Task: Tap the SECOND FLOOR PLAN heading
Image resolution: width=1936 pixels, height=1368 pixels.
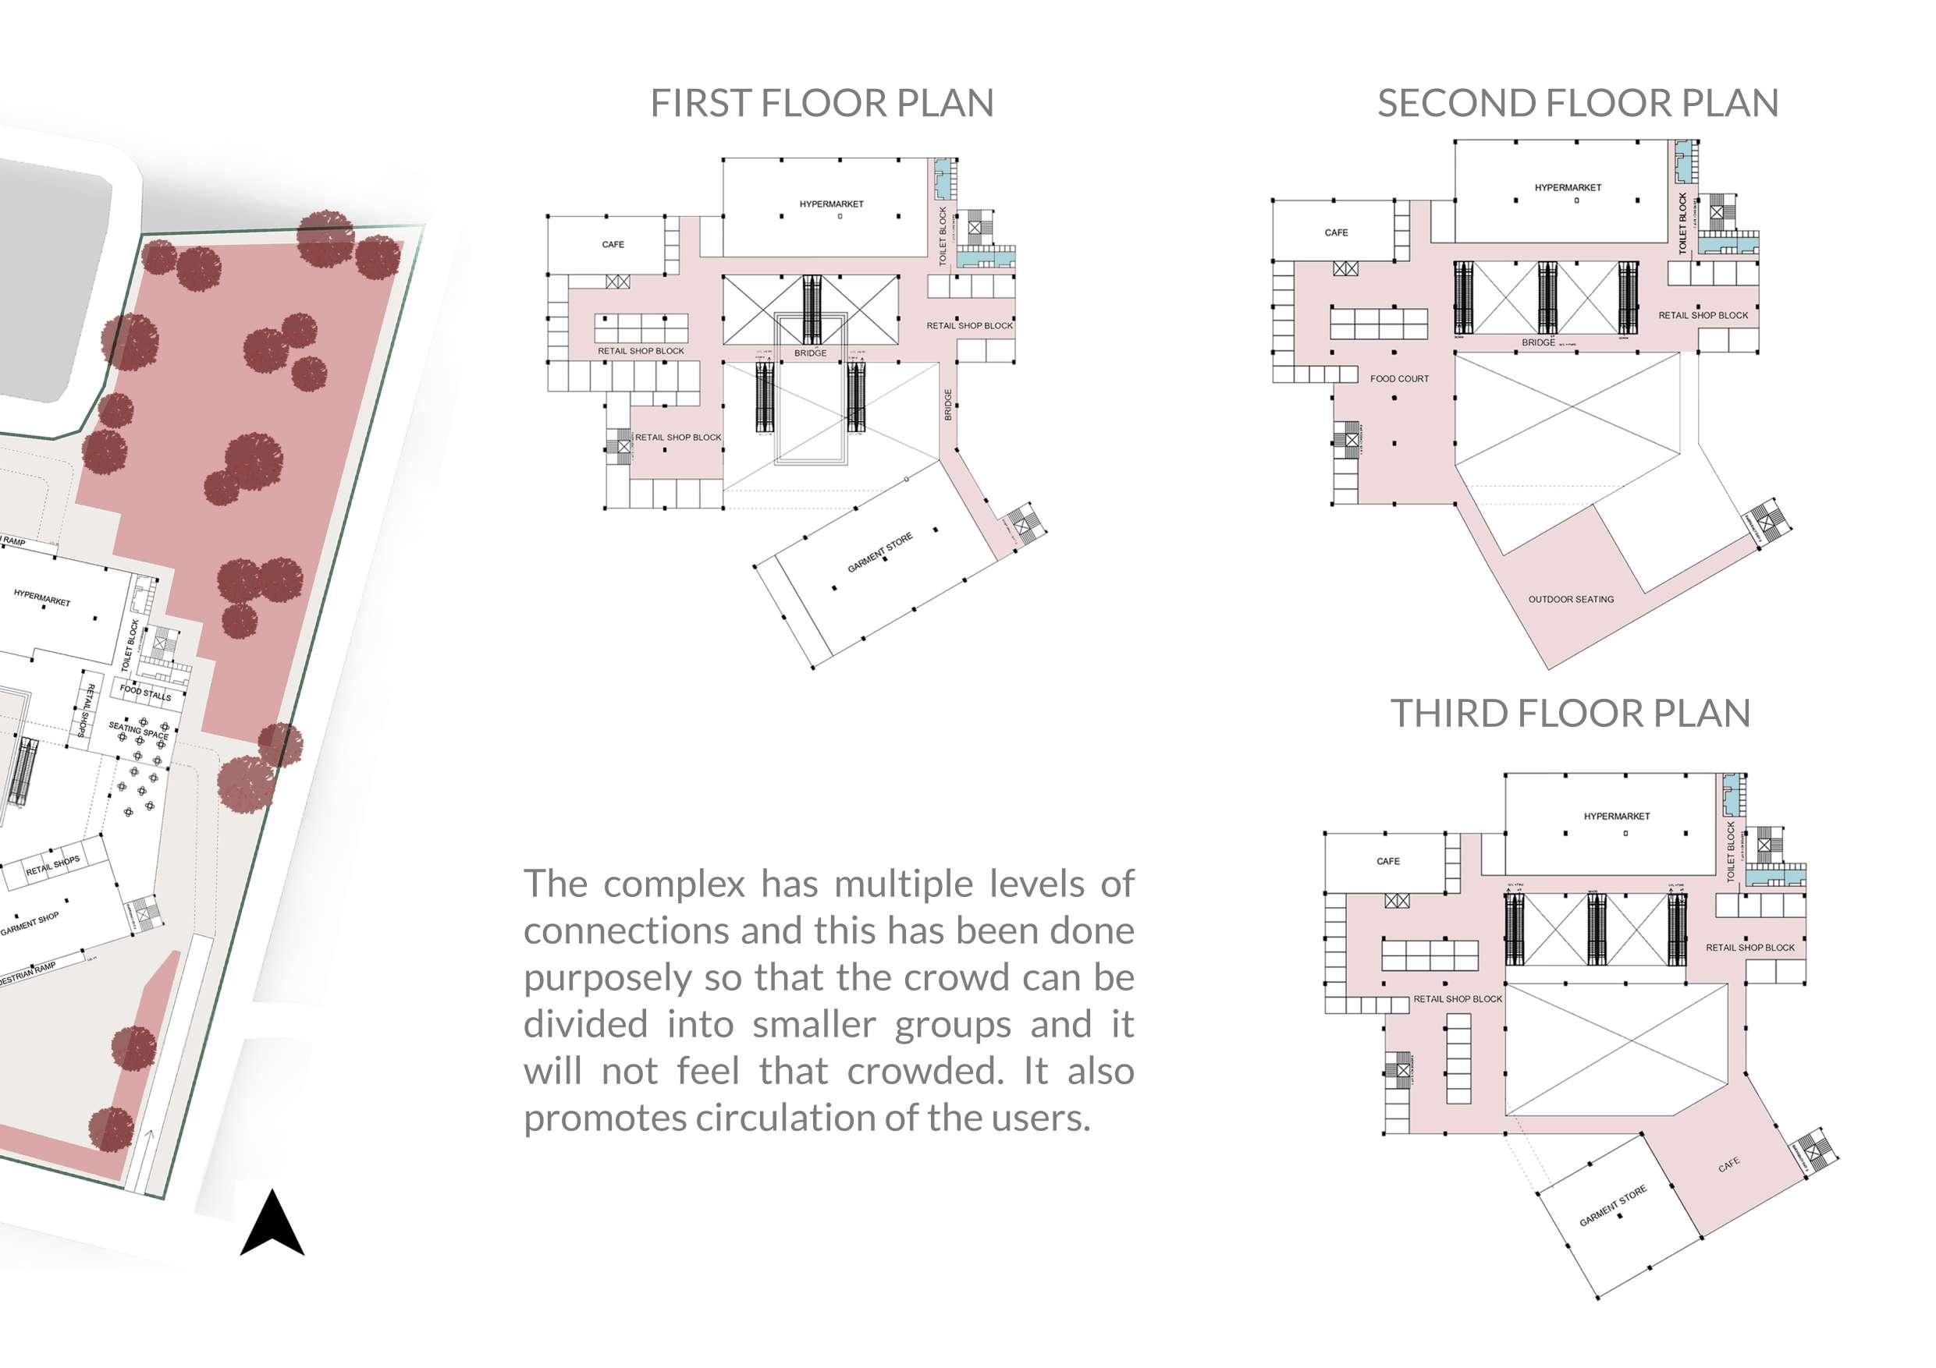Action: tap(1578, 103)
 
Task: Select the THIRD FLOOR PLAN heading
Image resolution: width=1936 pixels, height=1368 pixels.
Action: tap(1570, 713)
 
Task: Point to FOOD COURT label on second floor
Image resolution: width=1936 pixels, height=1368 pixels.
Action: tap(1399, 379)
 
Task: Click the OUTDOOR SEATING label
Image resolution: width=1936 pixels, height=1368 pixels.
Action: tap(1571, 599)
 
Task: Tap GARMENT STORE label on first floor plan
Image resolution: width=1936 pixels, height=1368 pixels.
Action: tap(879, 553)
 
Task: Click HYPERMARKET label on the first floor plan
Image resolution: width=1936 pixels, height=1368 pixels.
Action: tap(831, 204)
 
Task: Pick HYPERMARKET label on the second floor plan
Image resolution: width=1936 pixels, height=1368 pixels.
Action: tap(1568, 188)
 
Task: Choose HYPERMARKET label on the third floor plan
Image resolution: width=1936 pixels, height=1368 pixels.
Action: tap(1616, 816)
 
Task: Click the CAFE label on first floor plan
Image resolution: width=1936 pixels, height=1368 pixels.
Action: tap(613, 244)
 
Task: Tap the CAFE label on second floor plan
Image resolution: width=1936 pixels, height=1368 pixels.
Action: tap(1336, 232)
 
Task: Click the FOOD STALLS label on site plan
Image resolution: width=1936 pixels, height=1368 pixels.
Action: tap(145, 693)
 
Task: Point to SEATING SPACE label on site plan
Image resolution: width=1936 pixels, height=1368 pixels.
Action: tap(139, 731)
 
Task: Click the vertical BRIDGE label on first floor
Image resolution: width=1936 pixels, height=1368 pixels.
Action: tap(948, 405)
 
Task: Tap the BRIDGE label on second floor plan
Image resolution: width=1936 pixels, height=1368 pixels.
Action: tap(1538, 343)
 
